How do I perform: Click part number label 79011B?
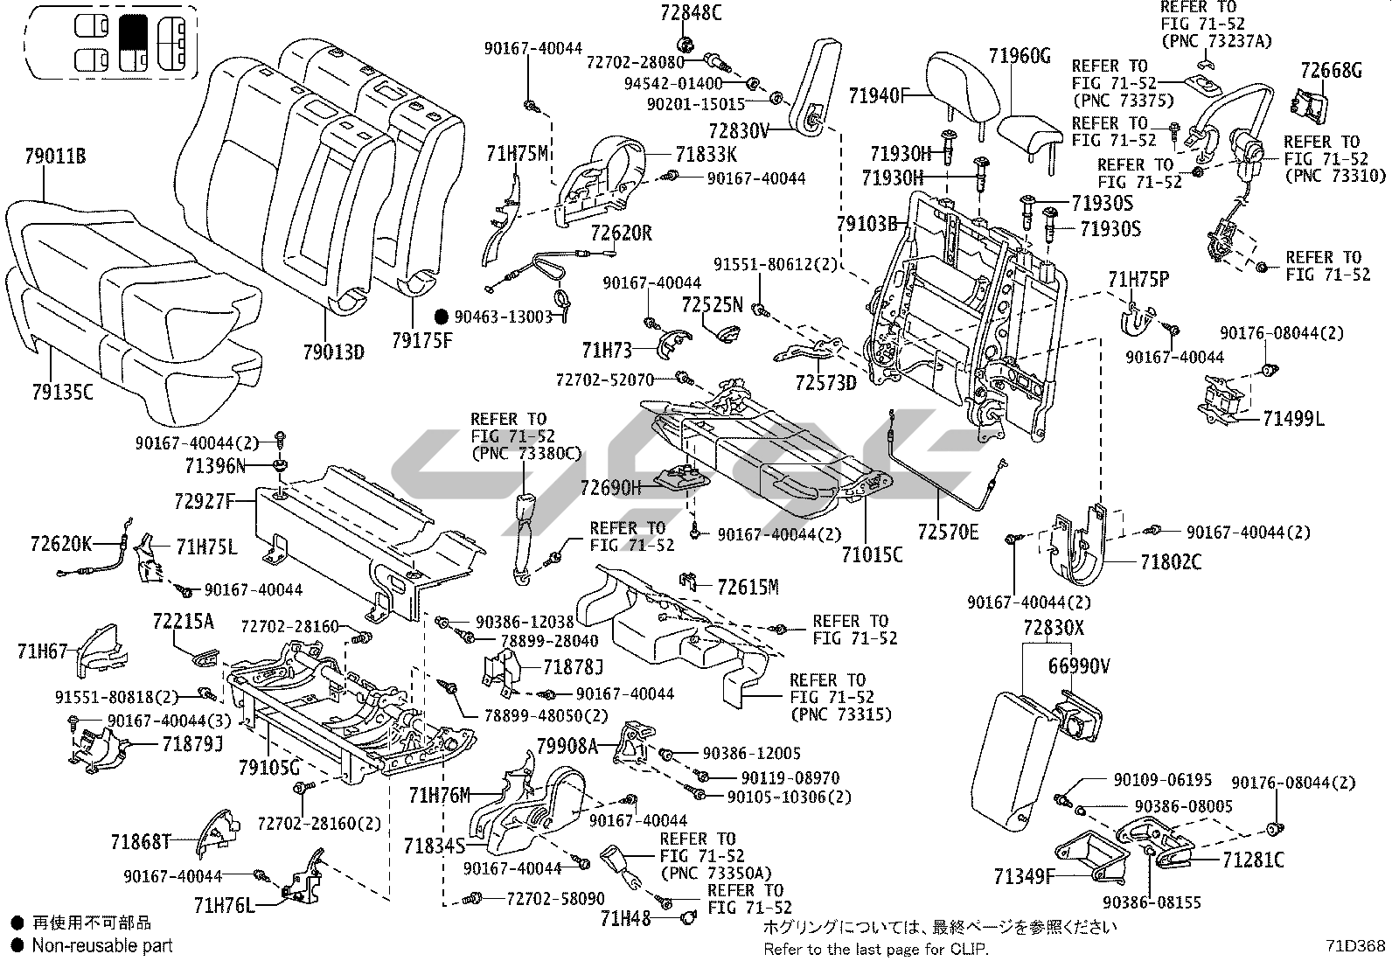[55, 158]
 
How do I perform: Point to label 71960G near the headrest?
[1020, 57]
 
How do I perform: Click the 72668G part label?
[1331, 71]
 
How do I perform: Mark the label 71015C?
[872, 554]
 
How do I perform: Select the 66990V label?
[1079, 667]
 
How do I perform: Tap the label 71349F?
[1024, 874]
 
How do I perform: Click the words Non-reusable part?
[102, 945]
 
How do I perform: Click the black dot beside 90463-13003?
[442, 317]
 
